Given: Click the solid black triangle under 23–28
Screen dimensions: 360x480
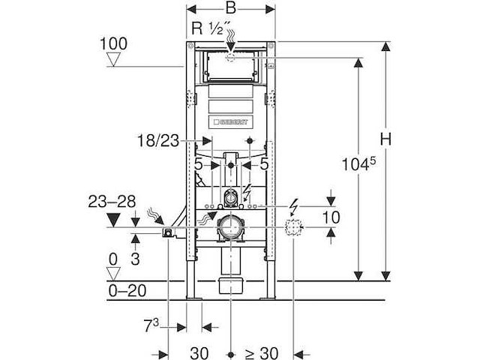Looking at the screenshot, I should [x=114, y=220].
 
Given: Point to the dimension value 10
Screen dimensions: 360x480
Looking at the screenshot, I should [x=330, y=217].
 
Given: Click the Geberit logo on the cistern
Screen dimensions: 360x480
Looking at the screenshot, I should [x=232, y=121].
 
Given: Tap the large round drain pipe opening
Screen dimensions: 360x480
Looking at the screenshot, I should [x=230, y=228].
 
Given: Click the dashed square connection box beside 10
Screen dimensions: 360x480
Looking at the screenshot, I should [x=295, y=228].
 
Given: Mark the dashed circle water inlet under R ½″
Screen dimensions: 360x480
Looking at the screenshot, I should [x=232, y=56].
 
